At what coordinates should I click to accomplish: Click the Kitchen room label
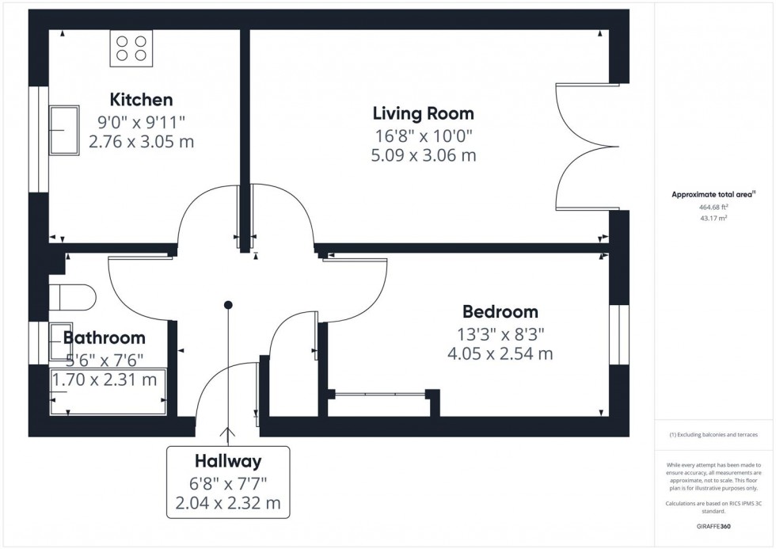click(141, 100)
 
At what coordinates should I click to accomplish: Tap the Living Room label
click(424, 113)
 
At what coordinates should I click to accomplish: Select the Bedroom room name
click(500, 311)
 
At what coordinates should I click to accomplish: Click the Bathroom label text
click(105, 338)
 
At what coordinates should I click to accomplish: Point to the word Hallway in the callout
click(228, 461)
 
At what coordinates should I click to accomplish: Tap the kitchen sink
click(64, 130)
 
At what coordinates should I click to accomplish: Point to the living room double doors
click(584, 147)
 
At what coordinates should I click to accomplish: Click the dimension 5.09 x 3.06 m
click(424, 155)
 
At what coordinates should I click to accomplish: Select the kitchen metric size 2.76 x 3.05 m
click(141, 142)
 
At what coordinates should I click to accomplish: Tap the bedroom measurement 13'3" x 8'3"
click(500, 333)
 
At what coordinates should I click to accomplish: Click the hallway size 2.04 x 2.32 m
click(228, 503)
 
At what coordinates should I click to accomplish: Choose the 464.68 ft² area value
click(713, 207)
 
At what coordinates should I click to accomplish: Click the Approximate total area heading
click(713, 194)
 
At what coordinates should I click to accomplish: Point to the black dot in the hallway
click(228, 304)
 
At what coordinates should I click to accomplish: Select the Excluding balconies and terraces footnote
click(713, 435)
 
